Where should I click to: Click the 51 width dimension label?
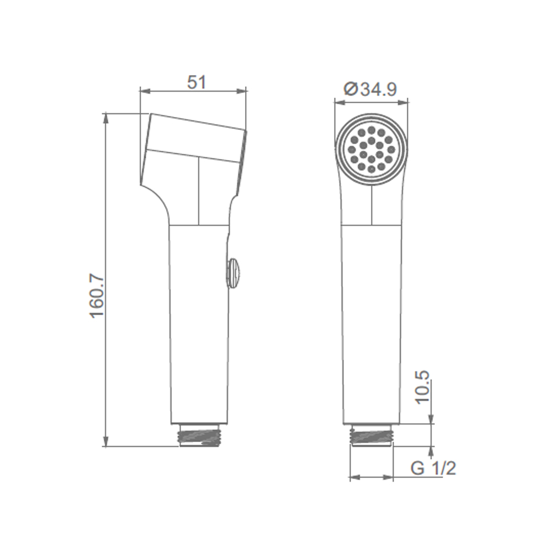point(196,82)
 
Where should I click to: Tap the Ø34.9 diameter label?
point(370,89)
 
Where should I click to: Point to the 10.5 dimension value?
point(422,386)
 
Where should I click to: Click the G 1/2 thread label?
point(433,468)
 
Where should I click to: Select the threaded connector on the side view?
point(200,436)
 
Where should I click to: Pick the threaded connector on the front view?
point(371,436)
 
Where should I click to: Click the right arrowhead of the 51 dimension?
point(242,92)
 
